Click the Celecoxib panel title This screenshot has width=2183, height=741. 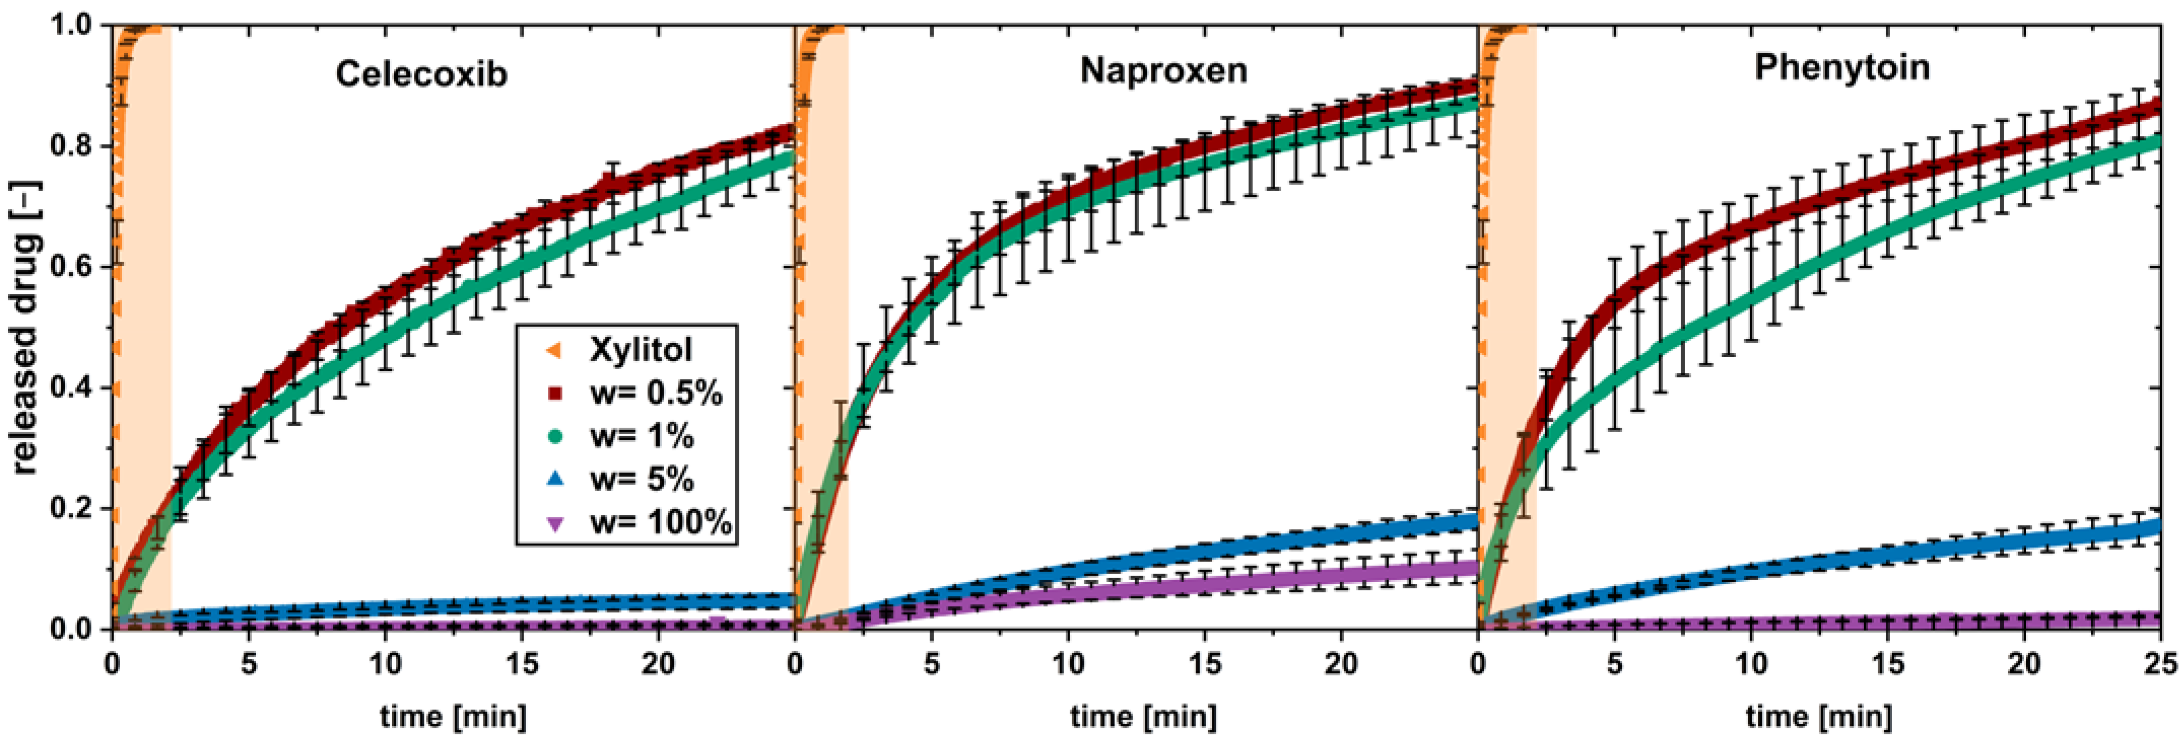click(x=421, y=74)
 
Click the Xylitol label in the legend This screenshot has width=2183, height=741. click(x=641, y=349)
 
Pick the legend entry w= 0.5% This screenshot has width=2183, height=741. click(x=656, y=393)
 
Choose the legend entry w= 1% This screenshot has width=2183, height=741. click(x=641, y=436)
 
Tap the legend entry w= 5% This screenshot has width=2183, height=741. click(x=641, y=479)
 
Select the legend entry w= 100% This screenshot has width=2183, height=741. click(x=660, y=522)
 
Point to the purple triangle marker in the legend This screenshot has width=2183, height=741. click(x=554, y=523)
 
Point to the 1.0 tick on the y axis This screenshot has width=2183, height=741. click(x=71, y=25)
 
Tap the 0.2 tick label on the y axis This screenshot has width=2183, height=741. click(x=71, y=510)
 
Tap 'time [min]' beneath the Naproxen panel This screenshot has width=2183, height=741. click(x=1143, y=717)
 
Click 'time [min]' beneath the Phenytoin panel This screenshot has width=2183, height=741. click(x=1819, y=717)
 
